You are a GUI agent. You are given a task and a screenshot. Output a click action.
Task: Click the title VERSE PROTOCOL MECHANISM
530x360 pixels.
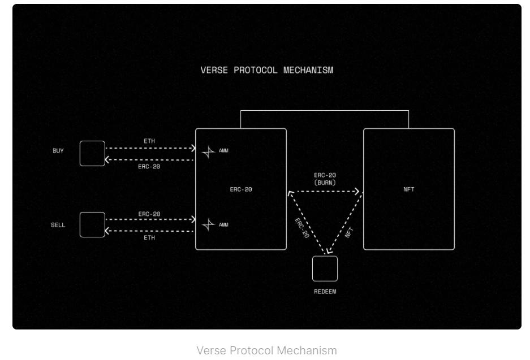[267, 71]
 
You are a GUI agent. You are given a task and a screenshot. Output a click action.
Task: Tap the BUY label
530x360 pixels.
[58, 151]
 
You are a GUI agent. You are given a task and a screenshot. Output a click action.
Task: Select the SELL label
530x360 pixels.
[58, 225]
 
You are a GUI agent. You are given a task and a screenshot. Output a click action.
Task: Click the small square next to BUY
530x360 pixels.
[92, 154]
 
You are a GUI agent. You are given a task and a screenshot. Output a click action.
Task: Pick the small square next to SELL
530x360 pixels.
[92, 225]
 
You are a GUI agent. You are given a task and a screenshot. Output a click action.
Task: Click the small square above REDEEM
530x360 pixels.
[325, 268]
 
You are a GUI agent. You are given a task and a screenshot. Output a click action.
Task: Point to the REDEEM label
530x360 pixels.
[325, 292]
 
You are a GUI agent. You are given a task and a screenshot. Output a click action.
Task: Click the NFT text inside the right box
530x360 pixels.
[408, 190]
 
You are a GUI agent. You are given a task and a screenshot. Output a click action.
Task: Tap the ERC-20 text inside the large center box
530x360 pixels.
[241, 190]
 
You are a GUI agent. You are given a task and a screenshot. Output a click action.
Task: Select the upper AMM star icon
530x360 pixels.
[209, 151]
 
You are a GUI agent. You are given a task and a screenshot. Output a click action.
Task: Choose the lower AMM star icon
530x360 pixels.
[209, 225]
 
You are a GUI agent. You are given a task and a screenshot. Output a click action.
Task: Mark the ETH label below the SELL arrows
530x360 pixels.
[149, 238]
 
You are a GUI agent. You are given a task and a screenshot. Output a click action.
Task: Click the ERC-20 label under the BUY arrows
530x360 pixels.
[149, 167]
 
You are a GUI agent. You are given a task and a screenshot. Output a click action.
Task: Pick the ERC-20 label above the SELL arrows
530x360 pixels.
[149, 214]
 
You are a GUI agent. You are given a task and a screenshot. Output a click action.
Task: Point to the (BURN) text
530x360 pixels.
[325, 183]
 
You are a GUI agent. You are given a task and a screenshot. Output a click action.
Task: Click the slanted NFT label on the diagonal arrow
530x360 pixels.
[349, 231]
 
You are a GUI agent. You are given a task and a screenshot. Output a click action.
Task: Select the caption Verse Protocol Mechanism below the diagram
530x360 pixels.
[266, 350]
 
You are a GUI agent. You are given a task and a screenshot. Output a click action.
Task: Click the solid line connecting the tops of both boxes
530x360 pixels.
[325, 111]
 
